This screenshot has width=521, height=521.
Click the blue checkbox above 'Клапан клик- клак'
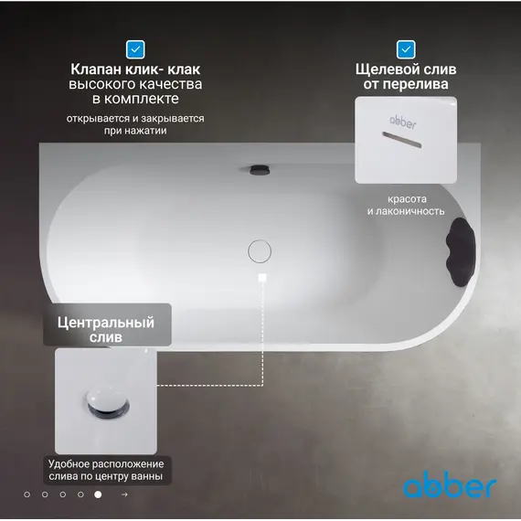135,49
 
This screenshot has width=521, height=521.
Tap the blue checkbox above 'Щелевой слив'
406,49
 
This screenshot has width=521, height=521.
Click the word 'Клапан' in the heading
96,69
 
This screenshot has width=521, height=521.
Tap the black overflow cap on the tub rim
260,170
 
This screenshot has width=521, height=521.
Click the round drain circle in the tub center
260,251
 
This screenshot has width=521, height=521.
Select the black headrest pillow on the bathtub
460,252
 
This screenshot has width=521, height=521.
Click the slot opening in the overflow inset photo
402,140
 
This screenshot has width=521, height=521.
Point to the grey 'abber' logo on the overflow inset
403,122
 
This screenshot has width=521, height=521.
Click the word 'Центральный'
106,323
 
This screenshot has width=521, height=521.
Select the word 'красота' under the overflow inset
407,199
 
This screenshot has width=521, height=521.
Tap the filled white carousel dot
98,494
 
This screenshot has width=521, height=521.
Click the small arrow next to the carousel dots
124,494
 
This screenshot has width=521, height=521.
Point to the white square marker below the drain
262,277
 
